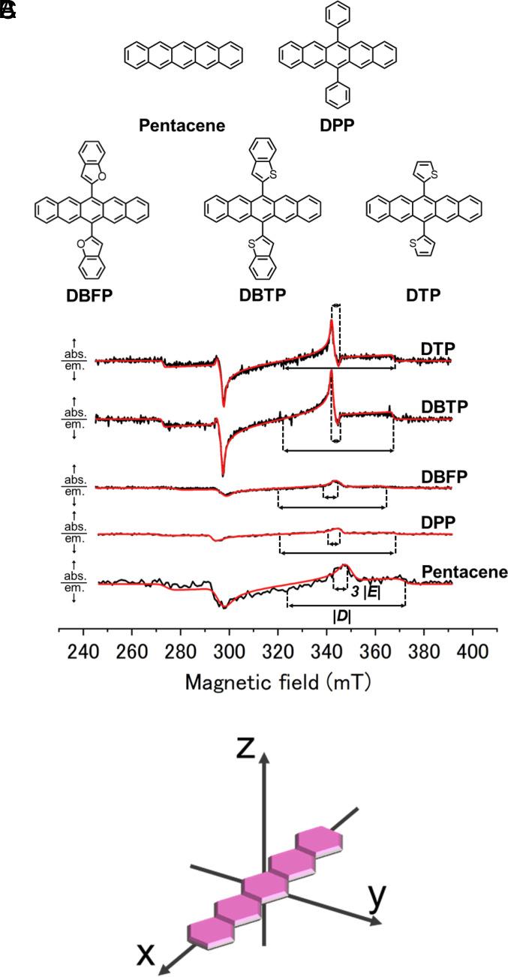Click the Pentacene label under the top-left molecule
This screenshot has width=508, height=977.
click(182, 125)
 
